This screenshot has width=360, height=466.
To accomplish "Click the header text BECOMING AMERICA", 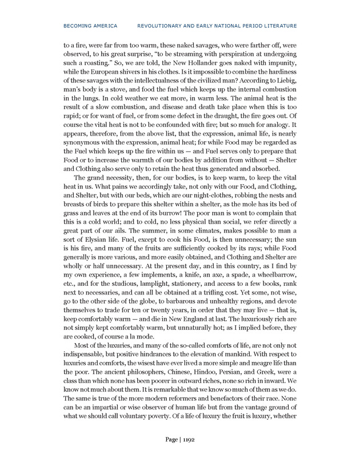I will point(91,26).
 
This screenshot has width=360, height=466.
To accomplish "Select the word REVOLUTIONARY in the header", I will point(163,26).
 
